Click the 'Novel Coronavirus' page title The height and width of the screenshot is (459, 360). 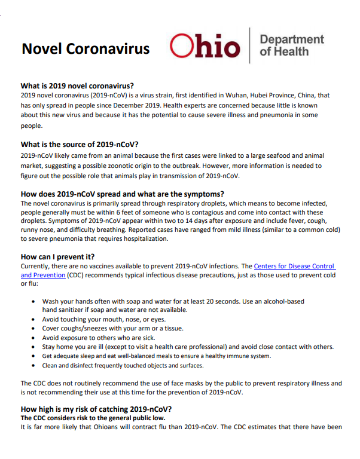(86, 48)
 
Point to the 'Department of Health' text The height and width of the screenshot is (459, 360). (291, 45)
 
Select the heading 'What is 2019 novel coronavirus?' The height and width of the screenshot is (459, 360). (77, 85)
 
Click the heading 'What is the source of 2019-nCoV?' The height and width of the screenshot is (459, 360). (80, 144)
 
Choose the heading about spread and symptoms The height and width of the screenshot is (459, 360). (123, 194)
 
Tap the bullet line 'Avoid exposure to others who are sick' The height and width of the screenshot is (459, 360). (99, 338)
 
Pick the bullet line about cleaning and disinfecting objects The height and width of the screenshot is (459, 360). (123, 365)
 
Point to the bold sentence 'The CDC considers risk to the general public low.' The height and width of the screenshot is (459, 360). (93, 418)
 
